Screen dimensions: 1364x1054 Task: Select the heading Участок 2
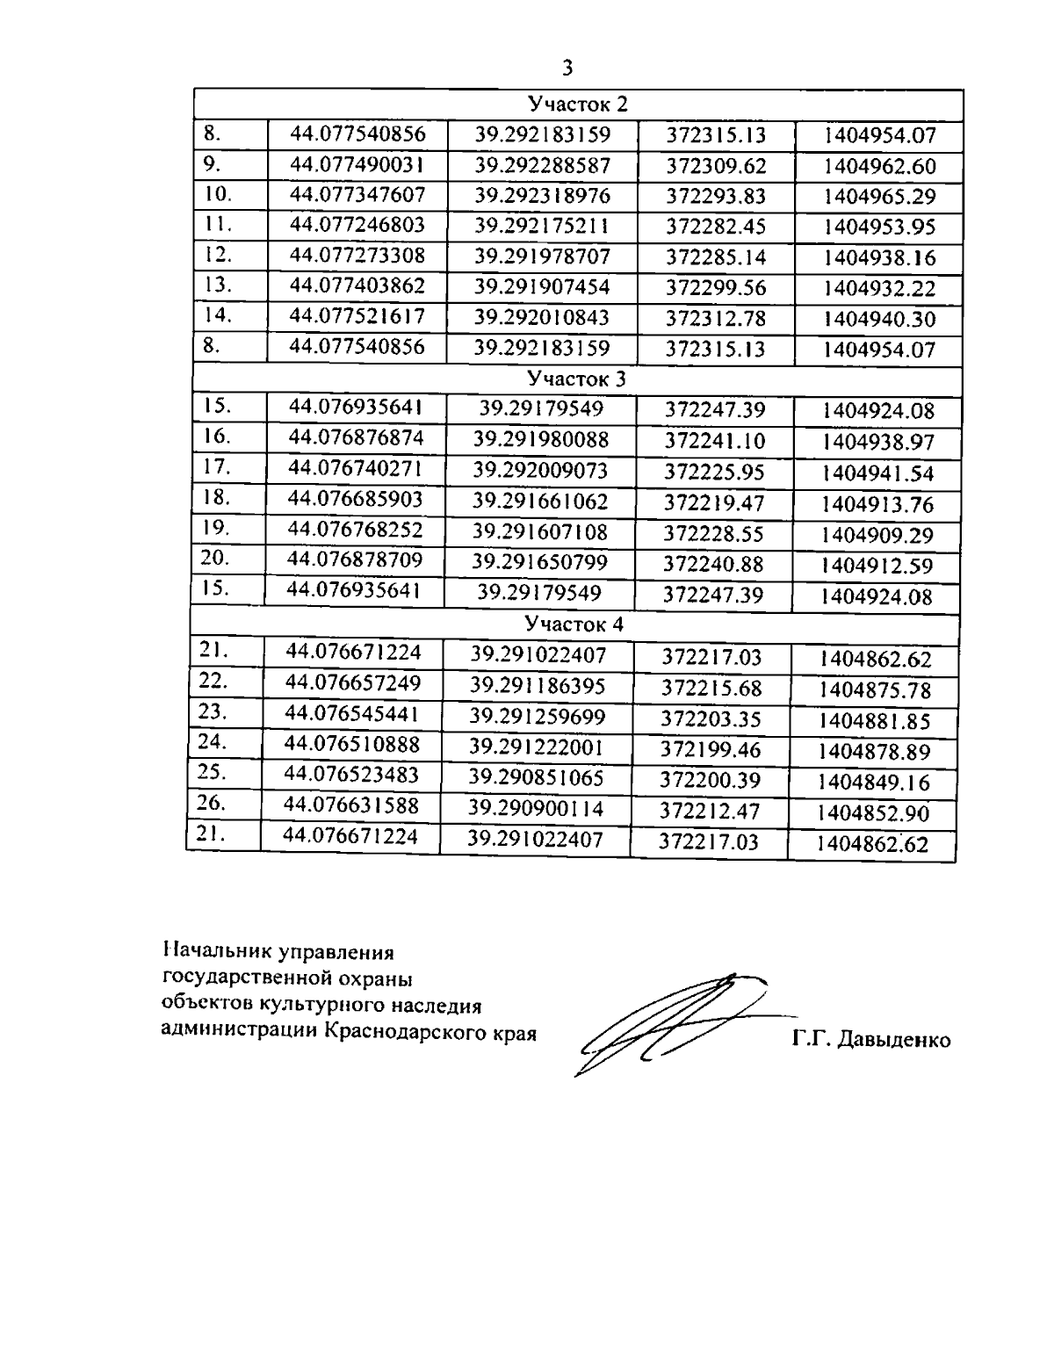pyautogui.click(x=577, y=105)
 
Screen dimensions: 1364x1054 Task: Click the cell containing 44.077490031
pyautogui.click(x=357, y=164)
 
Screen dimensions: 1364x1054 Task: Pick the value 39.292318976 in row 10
pyautogui.click(x=542, y=195)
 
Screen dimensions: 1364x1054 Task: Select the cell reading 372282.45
pyautogui.click(x=716, y=227)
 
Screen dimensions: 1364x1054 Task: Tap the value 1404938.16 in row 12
pyautogui.click(x=880, y=258)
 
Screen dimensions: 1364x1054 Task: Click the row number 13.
pyautogui.click(x=217, y=285)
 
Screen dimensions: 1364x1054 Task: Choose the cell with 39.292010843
pyautogui.click(x=541, y=317)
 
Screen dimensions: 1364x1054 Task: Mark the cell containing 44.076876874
pyautogui.click(x=356, y=437)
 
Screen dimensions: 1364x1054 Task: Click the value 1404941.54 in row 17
pyautogui.click(x=877, y=474)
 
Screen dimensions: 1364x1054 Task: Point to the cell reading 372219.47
pyautogui.click(x=714, y=503)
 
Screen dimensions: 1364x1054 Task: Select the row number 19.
pyautogui.click(x=215, y=528)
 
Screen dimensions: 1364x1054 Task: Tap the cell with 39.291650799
pyautogui.click(x=540, y=562)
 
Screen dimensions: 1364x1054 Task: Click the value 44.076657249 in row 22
pyautogui.click(x=353, y=682)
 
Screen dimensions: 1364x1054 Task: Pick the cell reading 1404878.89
pyautogui.click(x=874, y=752)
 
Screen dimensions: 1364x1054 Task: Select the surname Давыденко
pyautogui.click(x=894, y=1041)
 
